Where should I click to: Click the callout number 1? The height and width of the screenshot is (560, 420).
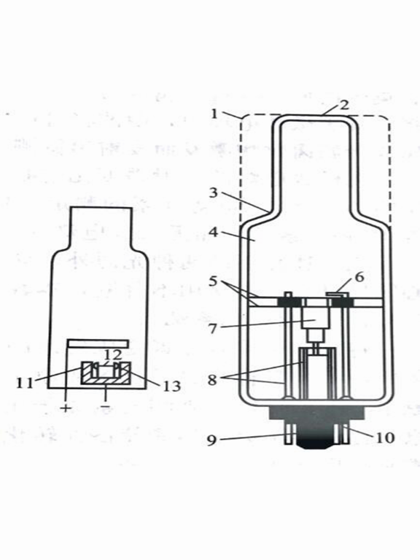(x=214, y=114)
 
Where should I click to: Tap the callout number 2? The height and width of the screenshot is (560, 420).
(x=344, y=105)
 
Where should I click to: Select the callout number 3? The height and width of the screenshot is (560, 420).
(x=213, y=192)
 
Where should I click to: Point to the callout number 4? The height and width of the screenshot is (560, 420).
(x=213, y=233)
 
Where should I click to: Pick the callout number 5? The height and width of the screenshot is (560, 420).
(x=213, y=281)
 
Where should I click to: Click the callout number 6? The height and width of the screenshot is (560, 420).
(x=359, y=277)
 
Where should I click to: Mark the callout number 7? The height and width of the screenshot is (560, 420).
(x=213, y=329)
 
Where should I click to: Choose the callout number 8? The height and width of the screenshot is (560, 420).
(x=212, y=380)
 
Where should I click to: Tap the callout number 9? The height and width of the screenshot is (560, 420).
(x=211, y=440)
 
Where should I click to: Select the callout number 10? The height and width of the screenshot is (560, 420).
(x=384, y=437)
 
